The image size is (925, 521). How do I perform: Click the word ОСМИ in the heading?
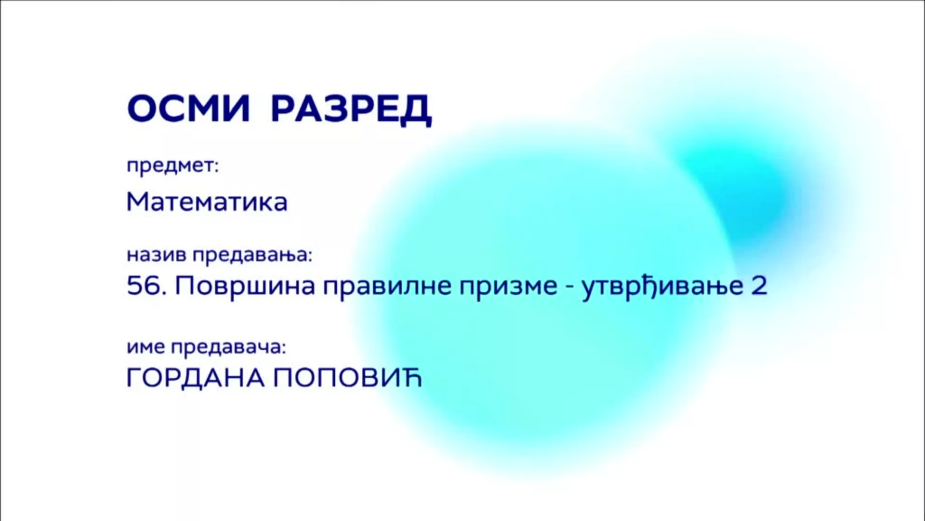(x=189, y=109)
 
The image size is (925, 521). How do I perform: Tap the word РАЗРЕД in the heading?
(x=351, y=110)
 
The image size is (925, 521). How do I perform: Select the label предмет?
(x=172, y=166)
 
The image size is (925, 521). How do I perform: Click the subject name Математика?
(x=207, y=202)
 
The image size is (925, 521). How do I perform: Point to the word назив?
(x=156, y=255)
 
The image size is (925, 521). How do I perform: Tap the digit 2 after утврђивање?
(x=759, y=286)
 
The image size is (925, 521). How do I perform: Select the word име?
(x=146, y=347)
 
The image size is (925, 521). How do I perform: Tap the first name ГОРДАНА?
(x=196, y=378)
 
